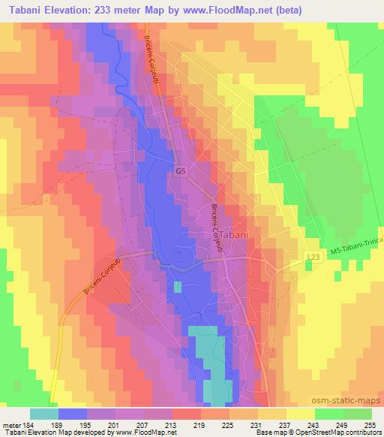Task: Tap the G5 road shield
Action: click(x=180, y=171)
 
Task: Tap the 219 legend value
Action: click(x=199, y=425)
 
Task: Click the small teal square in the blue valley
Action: click(x=178, y=286)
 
